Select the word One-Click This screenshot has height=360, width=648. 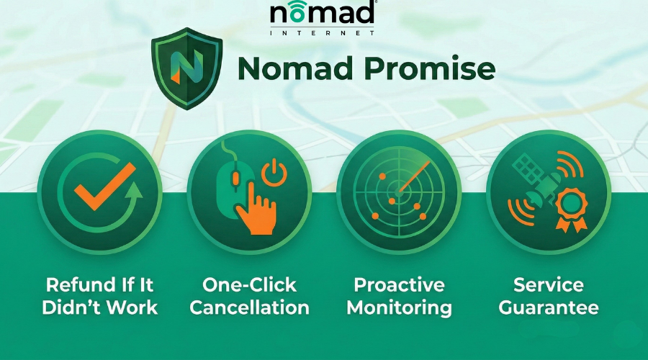click(249, 284)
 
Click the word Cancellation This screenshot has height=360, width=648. click(249, 307)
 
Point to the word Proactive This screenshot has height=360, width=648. click(399, 284)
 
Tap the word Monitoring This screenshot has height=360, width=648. click(399, 307)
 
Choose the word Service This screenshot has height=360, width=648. click(549, 284)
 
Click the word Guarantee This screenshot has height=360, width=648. click(549, 307)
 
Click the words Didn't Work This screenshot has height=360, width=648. click(99, 307)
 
